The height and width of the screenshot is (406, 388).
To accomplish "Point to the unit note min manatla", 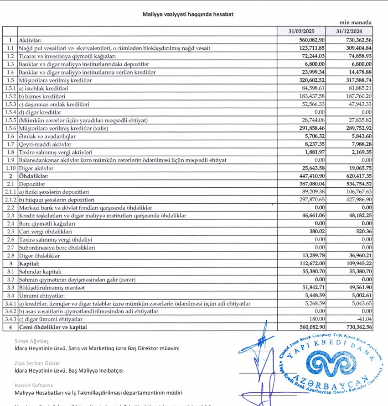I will coord(356,22).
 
